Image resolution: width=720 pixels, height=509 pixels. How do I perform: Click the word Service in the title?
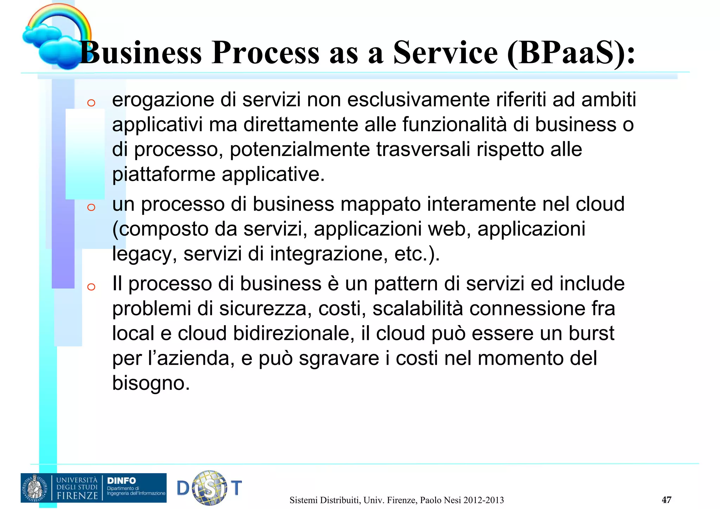click(x=445, y=53)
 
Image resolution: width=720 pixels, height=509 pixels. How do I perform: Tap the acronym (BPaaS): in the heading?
click(x=571, y=53)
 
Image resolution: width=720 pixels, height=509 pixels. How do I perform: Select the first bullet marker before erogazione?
click(x=91, y=103)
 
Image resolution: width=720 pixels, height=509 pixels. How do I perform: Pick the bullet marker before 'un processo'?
click(x=91, y=207)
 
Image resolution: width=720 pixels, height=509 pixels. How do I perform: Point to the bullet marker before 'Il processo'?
click(x=91, y=287)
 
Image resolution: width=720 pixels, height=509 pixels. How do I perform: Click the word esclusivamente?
click(x=418, y=100)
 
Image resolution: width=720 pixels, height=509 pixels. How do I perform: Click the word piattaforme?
click(x=163, y=174)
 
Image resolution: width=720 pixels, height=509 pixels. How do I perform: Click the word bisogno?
click(x=151, y=383)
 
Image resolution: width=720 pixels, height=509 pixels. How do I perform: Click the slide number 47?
click(x=666, y=500)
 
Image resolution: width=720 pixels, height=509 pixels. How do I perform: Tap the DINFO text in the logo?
click(x=121, y=481)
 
